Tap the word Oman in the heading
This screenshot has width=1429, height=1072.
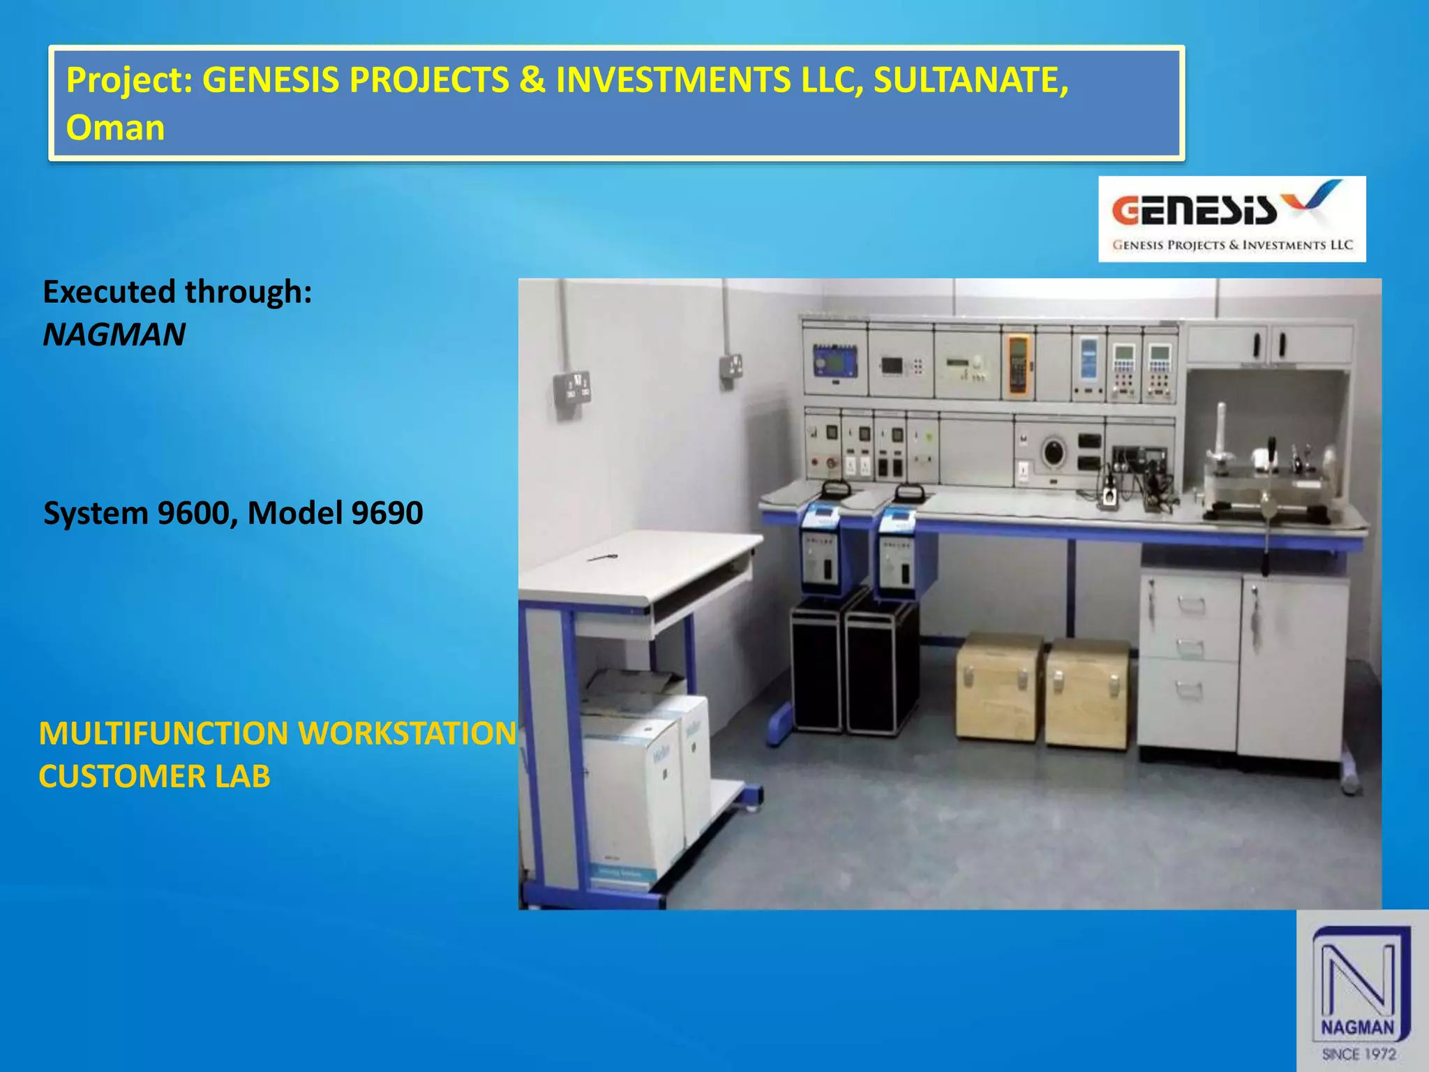[x=115, y=128]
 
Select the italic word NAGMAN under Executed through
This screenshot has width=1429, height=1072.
[x=114, y=334]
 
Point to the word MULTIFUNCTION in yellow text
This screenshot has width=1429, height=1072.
[x=163, y=734]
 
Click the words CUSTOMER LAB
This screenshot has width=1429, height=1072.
[x=154, y=777]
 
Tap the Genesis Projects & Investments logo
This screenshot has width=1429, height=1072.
[x=1232, y=219]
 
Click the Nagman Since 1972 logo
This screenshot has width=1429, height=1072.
[x=1361, y=991]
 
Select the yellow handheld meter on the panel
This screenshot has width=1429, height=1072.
[x=1017, y=364]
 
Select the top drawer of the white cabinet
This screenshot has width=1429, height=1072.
[x=1190, y=600]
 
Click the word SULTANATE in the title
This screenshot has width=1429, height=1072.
[x=970, y=80]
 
